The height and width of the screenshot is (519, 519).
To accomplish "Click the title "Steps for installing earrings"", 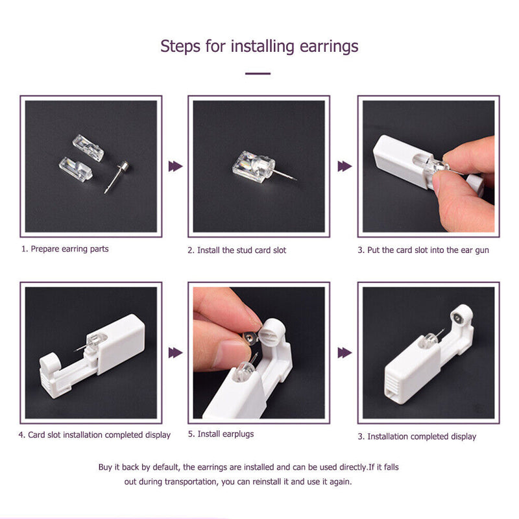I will (259, 47).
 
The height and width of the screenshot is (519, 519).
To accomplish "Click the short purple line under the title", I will (258, 74).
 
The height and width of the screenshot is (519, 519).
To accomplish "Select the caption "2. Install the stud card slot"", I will (237, 250).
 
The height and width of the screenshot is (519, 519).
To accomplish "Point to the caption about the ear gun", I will (424, 250).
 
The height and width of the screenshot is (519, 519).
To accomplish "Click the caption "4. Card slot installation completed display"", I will (95, 435).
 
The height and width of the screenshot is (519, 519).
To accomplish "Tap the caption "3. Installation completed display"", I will (416, 437).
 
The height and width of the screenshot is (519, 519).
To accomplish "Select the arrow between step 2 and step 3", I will (344, 167).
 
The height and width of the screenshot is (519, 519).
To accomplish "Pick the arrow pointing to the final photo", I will (344, 353).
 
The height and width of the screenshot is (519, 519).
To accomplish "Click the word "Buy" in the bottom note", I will (106, 467).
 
